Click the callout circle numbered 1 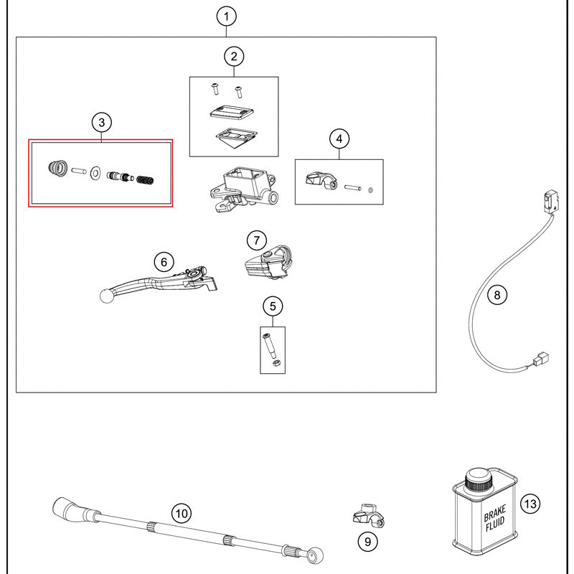[x=227, y=16]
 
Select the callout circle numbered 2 [x=234, y=56]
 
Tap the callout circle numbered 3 [x=101, y=123]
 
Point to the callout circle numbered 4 [x=339, y=138]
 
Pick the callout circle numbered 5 [x=273, y=306]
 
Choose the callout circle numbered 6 [x=164, y=260]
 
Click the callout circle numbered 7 [x=257, y=240]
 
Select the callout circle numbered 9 [x=367, y=541]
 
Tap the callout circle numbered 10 [x=181, y=513]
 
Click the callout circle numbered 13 [x=530, y=504]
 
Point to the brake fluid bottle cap [x=477, y=479]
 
